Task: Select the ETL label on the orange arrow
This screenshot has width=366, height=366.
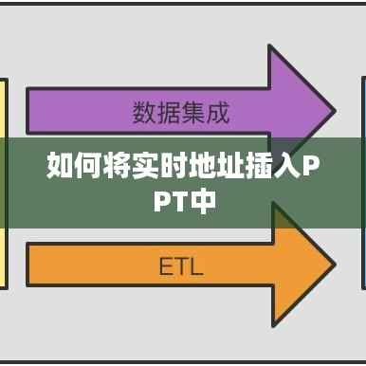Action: point(179,266)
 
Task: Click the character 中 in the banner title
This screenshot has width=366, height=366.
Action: point(200,201)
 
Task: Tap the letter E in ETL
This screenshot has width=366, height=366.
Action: point(164,266)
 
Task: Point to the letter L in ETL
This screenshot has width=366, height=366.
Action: point(195,266)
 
